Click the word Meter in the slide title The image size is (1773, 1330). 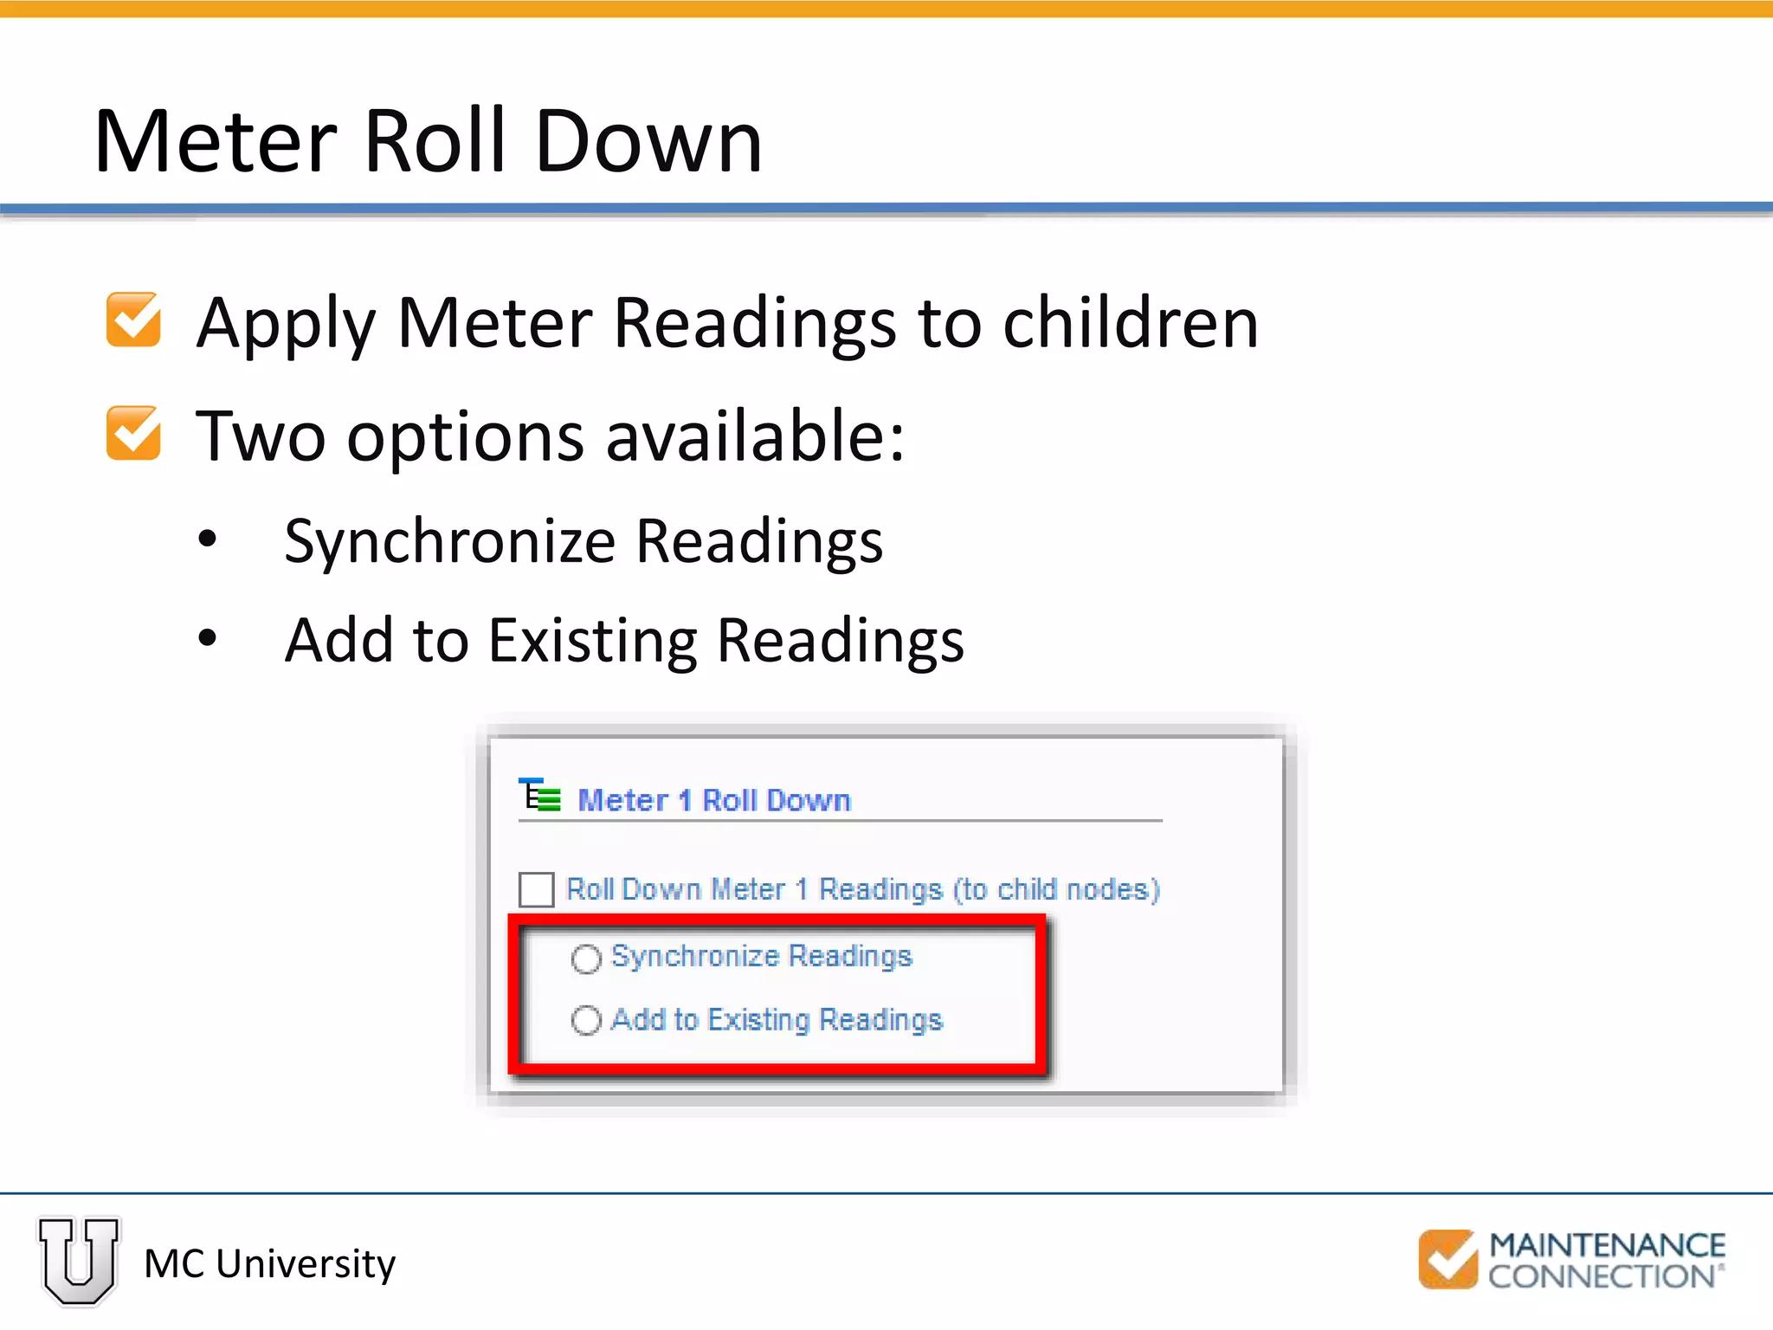[216, 141]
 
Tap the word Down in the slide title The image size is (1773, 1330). [648, 141]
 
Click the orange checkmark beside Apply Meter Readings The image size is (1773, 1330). [133, 320]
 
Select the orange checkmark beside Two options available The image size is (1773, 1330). [133, 433]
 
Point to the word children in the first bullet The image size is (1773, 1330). [1130, 322]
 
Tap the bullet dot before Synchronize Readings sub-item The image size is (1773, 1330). [208, 539]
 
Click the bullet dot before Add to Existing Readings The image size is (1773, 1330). [208, 639]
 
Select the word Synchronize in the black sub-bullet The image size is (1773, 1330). [450, 542]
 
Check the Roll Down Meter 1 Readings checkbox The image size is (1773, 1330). [537, 889]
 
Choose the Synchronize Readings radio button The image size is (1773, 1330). [586, 959]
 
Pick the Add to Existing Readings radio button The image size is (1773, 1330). [586, 1020]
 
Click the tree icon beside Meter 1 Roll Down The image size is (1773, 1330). [539, 795]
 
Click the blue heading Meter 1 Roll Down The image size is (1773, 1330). [713, 800]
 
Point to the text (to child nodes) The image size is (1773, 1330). [1056, 889]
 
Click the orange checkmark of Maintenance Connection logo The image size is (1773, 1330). [1447, 1259]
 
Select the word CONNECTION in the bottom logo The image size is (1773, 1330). [1602, 1276]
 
